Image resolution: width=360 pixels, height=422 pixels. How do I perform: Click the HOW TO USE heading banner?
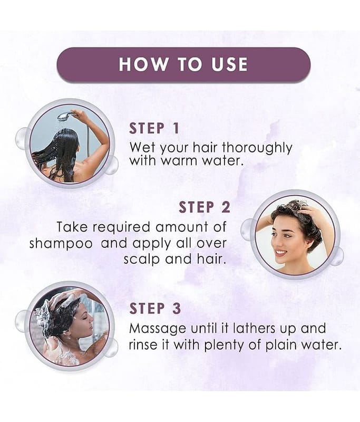point(183,64)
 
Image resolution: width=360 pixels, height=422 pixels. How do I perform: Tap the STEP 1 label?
point(154,128)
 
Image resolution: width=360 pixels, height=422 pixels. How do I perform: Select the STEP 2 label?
point(205,207)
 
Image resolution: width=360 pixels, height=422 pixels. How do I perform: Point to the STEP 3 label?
point(155,309)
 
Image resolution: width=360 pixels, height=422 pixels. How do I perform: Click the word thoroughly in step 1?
point(257,148)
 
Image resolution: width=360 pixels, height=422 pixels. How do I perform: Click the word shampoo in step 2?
point(61,244)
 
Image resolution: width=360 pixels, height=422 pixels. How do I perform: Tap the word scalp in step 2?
point(142,260)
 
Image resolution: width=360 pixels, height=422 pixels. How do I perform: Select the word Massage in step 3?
point(158,329)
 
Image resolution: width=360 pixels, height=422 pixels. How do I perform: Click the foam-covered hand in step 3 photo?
point(66,298)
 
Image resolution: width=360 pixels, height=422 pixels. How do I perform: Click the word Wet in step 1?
point(142,148)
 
